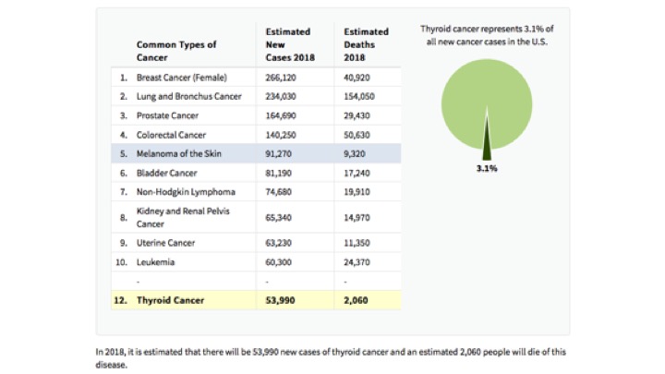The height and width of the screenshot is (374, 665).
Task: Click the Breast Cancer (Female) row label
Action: point(181,78)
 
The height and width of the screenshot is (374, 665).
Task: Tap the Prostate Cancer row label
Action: point(167,115)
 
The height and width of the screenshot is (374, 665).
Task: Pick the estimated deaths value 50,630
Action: point(360,135)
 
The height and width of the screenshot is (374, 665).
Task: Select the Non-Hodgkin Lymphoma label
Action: point(186,191)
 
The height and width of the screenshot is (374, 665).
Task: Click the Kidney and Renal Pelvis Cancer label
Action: point(182,217)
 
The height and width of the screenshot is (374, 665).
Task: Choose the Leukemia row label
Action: point(155,262)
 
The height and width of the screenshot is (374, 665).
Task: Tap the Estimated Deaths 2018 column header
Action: point(366,43)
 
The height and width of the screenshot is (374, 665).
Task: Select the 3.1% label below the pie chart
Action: point(487,169)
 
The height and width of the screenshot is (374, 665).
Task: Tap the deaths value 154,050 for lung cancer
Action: point(363,96)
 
